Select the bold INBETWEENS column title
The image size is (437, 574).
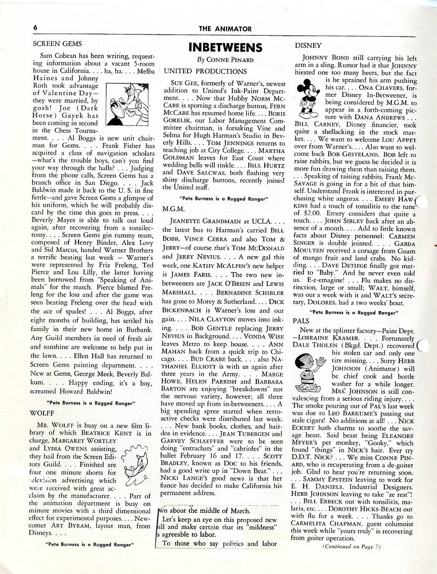click(225, 46)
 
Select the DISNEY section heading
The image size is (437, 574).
click(307, 46)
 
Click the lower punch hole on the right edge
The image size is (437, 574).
click(424, 347)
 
